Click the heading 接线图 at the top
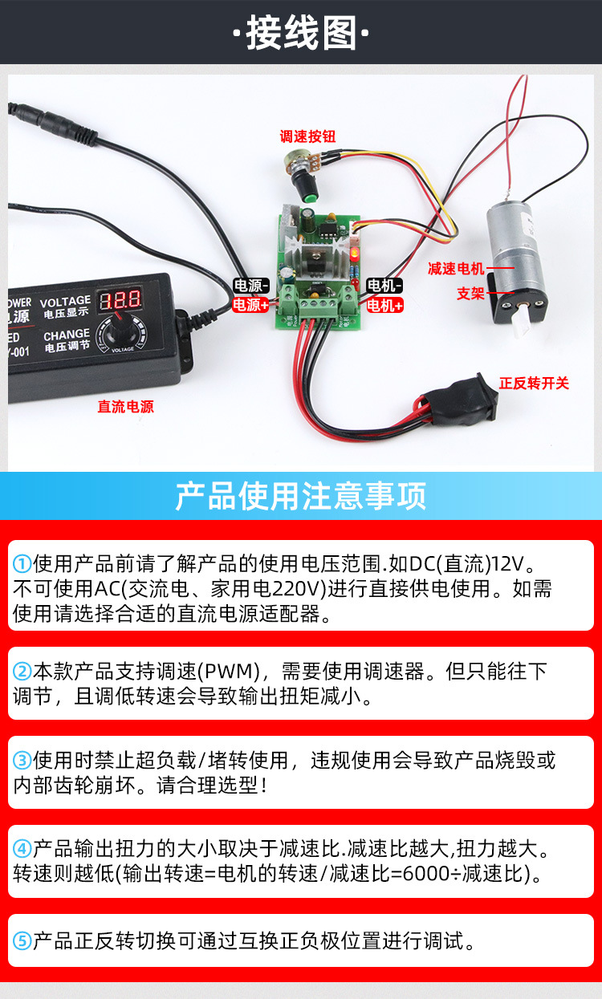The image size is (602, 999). [x=301, y=33]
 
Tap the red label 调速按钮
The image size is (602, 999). [x=307, y=136]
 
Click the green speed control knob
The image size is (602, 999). [x=305, y=192]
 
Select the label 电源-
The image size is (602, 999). [x=250, y=286]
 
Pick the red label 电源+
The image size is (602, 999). [x=250, y=305]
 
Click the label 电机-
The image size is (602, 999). [x=384, y=286]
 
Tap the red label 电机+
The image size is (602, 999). [x=384, y=305]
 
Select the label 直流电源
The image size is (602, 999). [x=125, y=407]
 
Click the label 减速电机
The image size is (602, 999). [x=456, y=268]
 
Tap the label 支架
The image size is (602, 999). [x=470, y=294]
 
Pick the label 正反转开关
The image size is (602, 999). [x=534, y=384]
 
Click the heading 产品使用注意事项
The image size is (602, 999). [x=301, y=496]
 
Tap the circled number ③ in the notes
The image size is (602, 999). [x=22, y=759]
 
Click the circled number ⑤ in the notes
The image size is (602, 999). [x=22, y=941]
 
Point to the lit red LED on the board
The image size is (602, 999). [x=353, y=254]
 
